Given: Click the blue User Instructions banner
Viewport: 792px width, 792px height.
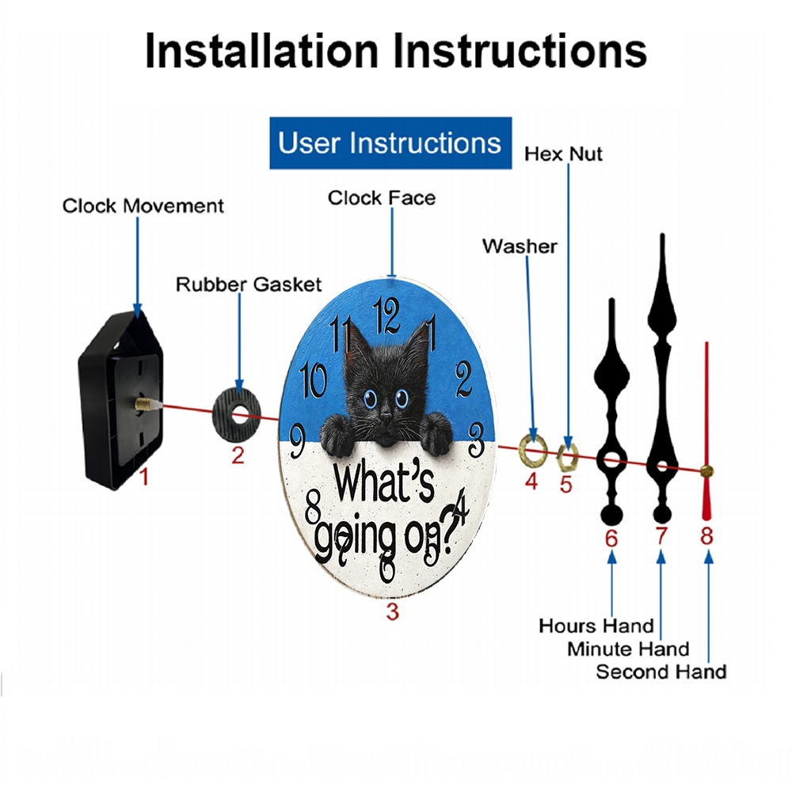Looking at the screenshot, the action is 390,143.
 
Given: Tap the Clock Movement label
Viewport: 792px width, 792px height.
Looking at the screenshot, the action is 143,206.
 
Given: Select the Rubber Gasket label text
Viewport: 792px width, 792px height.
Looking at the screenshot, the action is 249,284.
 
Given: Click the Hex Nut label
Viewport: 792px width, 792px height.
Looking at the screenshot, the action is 563,154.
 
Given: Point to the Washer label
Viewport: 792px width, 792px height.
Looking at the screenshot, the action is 520,246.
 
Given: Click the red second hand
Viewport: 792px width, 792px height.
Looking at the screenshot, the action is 706,432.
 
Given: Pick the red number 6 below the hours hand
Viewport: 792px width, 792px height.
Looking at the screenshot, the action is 611,539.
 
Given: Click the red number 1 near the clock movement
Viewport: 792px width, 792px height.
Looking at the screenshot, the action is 144,476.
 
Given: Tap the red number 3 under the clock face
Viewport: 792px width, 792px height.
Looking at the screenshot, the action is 393,611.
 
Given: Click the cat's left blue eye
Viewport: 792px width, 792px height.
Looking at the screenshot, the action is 370,399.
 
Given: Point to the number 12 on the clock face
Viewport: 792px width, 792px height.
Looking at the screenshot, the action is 386,315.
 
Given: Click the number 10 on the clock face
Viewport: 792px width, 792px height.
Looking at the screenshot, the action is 313,380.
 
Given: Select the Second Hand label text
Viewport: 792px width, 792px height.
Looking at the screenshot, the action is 661,672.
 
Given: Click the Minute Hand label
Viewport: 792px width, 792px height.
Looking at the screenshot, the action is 628,649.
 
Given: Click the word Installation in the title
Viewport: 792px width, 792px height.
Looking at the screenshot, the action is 261,51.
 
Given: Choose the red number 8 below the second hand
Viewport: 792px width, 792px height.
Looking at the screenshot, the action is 706,536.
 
